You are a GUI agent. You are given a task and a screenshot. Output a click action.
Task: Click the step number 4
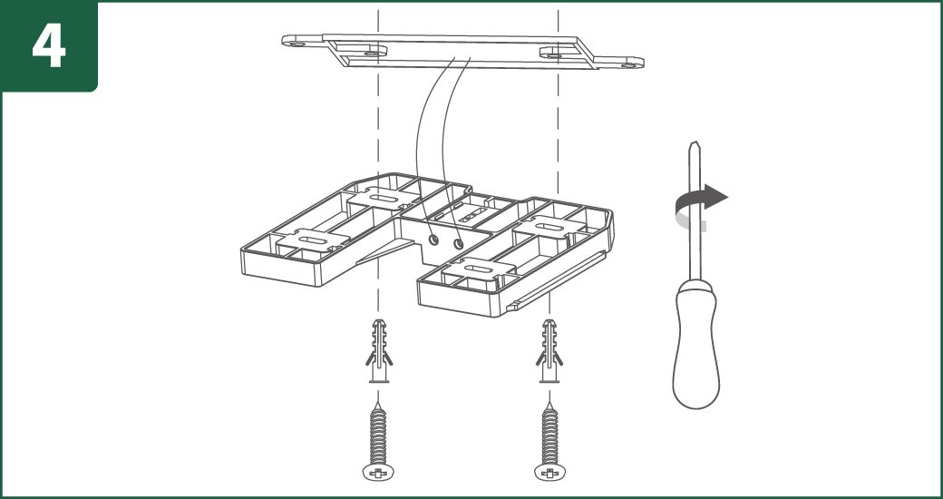tap(49, 46)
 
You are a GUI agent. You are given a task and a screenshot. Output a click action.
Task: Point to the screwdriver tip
tap(695, 144)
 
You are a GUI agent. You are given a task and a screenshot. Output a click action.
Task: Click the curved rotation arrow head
tap(715, 196)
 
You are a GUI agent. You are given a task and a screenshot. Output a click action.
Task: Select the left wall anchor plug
tap(379, 351)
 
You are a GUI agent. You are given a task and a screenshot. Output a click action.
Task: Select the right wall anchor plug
tap(549, 351)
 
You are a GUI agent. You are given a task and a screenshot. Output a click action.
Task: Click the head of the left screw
tap(378, 472)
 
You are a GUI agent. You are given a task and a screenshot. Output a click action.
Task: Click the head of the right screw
tap(549, 472)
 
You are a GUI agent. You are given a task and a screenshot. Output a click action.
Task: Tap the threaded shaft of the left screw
tap(378, 434)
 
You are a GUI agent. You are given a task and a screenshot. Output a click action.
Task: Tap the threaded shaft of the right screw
tap(549, 434)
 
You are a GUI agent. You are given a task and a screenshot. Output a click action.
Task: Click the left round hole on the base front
tap(433, 240)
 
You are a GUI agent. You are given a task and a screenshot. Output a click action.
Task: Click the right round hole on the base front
tap(459, 244)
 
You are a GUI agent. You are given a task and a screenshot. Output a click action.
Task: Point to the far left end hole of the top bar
tap(293, 44)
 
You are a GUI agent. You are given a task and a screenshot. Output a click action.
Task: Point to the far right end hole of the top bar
tap(631, 64)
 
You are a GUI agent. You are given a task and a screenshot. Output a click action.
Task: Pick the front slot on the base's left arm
tap(313, 240)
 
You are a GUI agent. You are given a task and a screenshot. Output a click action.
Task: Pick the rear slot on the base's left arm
tap(382, 198)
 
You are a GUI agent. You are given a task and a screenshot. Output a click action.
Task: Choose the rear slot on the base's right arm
tap(548, 228)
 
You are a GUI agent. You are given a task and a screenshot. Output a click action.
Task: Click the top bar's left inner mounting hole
tap(374, 53)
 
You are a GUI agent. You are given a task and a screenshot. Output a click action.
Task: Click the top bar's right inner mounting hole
tap(551, 55)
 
